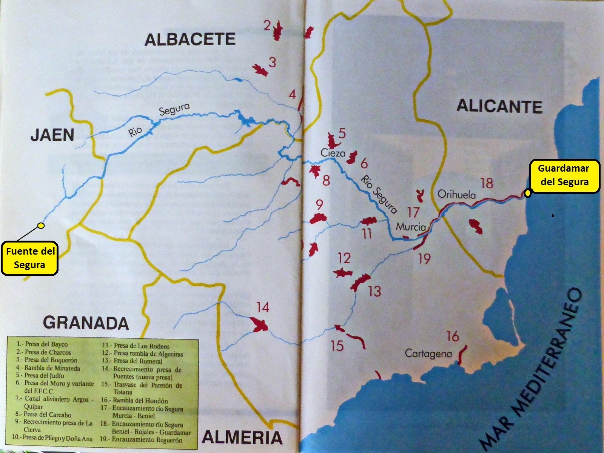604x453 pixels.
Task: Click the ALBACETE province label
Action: (x=190, y=40)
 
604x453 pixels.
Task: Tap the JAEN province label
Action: (x=52, y=135)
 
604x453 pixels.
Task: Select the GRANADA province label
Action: (x=86, y=323)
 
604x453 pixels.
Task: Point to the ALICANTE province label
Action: (x=499, y=106)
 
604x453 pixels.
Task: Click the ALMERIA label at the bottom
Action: (x=242, y=437)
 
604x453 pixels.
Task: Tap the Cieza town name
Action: (x=333, y=153)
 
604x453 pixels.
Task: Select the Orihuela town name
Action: (x=456, y=194)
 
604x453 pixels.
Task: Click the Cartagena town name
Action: (x=428, y=353)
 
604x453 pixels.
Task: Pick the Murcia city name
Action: (x=411, y=227)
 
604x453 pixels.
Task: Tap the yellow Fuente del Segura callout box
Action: (x=30, y=258)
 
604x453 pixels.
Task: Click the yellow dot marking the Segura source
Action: (x=41, y=226)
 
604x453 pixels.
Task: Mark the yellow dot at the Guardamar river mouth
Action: (x=527, y=193)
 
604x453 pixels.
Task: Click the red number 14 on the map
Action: (x=263, y=307)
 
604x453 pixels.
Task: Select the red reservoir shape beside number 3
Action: (x=260, y=70)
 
